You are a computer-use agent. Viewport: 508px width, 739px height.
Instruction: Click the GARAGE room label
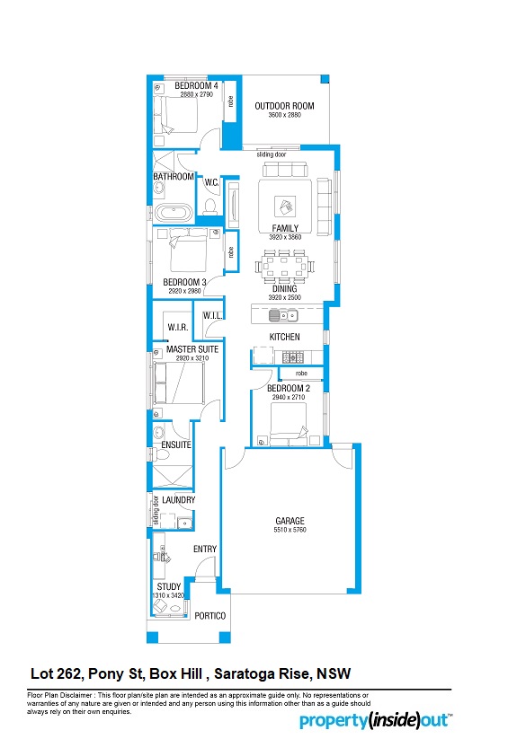pos(290,521)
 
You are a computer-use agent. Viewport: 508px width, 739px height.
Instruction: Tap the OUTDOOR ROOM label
pos(284,106)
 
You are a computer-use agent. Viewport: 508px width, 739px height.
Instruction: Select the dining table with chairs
pos(284,266)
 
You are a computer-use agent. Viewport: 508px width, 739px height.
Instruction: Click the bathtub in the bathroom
pos(174,213)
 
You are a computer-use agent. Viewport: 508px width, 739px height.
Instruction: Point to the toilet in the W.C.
pos(209,206)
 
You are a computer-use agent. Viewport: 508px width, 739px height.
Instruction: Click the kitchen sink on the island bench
pos(283,315)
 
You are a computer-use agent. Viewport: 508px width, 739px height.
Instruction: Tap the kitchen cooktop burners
pos(293,357)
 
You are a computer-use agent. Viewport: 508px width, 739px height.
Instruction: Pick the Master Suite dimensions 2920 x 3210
pos(192,358)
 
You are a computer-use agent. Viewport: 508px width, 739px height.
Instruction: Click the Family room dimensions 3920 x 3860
pos(285,237)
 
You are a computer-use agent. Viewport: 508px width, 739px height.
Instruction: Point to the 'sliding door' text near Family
pos(271,154)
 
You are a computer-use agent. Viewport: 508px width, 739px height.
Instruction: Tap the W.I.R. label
pos(178,327)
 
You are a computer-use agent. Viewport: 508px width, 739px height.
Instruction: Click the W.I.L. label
pos(212,316)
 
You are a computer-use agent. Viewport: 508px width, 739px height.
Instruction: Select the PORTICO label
pos(210,615)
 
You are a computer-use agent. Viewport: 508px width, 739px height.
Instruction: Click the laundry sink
pos(185,523)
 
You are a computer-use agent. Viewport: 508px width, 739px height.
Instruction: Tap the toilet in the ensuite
pos(161,455)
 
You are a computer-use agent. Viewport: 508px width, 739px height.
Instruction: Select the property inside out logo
pos(375,721)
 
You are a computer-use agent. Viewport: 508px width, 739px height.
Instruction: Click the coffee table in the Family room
pos(285,207)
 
